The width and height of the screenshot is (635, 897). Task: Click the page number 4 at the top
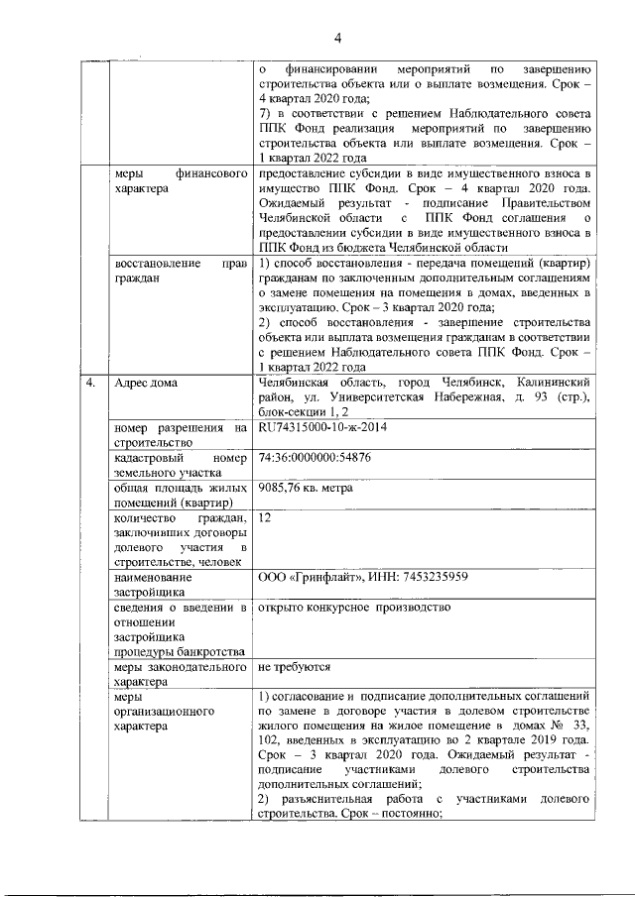(337, 39)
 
